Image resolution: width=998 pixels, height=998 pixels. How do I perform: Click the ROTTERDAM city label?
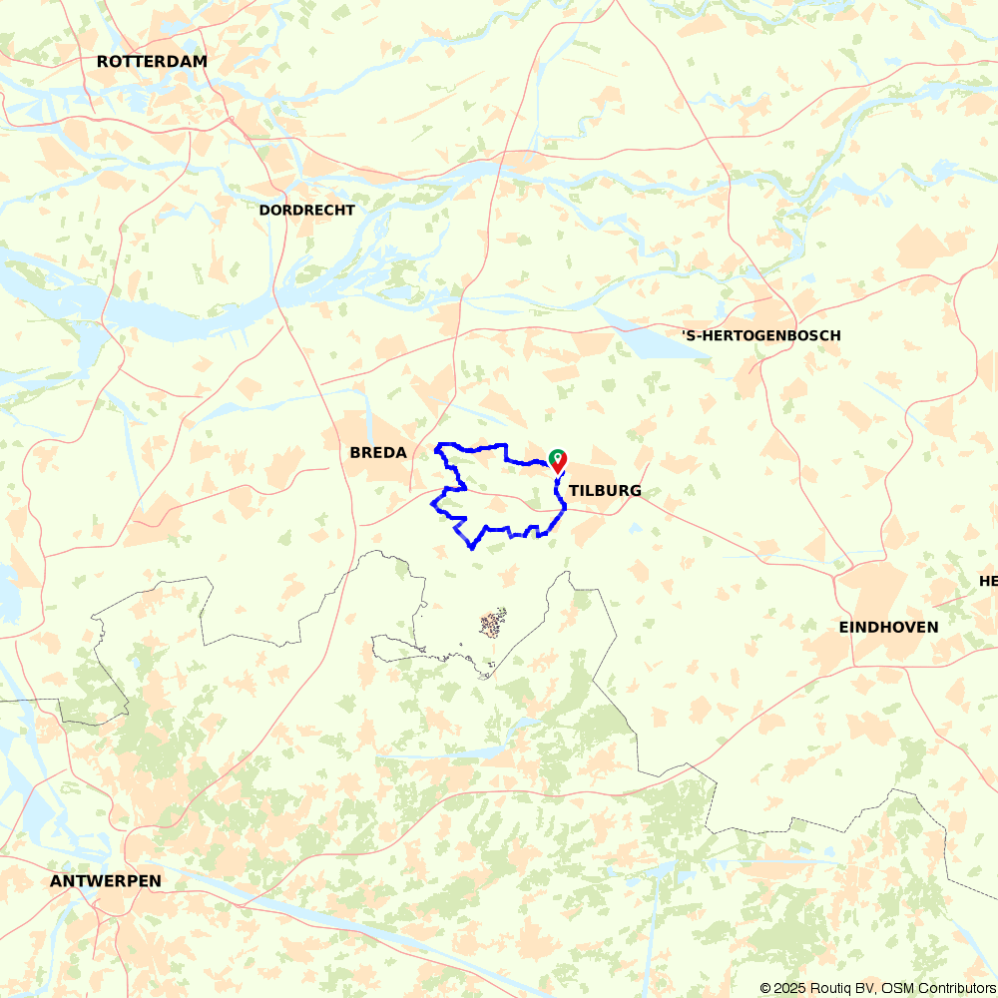pyautogui.click(x=152, y=62)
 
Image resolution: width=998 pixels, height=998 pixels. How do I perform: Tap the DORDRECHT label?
pyautogui.click(x=306, y=211)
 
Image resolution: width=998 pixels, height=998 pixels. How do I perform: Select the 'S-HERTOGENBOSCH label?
pyautogui.click(x=760, y=335)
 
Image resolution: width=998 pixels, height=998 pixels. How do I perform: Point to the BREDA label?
pyautogui.click(x=378, y=453)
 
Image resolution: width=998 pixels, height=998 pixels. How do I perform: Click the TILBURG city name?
pyautogui.click(x=605, y=491)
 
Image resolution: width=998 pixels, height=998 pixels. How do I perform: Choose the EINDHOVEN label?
pyautogui.click(x=888, y=628)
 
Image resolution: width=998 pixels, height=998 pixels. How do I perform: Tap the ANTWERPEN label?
pyautogui.click(x=105, y=881)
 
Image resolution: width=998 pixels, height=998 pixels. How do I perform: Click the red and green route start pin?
pyautogui.click(x=558, y=460)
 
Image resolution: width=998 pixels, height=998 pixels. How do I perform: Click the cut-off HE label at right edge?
pyautogui.click(x=988, y=582)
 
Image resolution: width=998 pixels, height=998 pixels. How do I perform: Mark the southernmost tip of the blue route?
pyautogui.click(x=471, y=547)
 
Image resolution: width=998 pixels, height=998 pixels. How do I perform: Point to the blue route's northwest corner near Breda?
pyautogui.click(x=439, y=444)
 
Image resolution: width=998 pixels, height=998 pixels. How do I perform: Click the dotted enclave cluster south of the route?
pyautogui.click(x=492, y=625)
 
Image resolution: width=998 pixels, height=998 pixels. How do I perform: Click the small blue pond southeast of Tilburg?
pyautogui.click(x=636, y=528)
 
